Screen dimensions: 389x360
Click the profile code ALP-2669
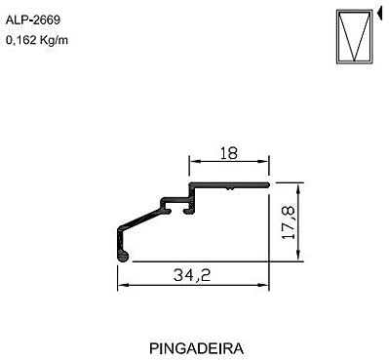point(33,20)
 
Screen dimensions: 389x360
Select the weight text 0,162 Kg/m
point(37,40)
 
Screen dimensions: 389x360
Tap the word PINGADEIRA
point(196,348)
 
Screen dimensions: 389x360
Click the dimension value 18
point(229,153)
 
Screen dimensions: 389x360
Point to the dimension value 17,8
point(289,222)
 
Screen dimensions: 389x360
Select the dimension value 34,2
point(192,276)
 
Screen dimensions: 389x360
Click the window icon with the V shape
point(354,36)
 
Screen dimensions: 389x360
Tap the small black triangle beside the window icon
point(379,14)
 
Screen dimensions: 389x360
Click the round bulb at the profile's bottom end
point(123,256)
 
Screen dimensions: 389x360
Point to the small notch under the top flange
point(230,188)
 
